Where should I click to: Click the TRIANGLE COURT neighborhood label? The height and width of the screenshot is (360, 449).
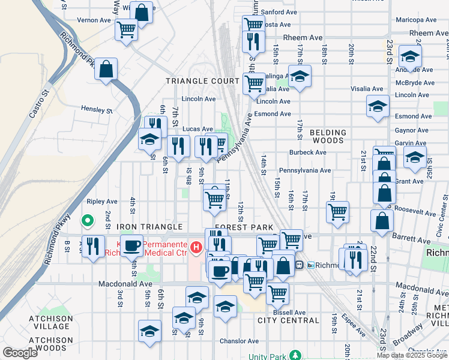(x=202, y=81)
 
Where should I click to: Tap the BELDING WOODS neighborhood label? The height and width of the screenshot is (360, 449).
(x=328, y=136)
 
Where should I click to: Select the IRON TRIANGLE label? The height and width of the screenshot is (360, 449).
(x=149, y=227)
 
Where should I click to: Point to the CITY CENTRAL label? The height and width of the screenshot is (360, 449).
(x=288, y=320)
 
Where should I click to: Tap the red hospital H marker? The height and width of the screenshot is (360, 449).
(x=194, y=247)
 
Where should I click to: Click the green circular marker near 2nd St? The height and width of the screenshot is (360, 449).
(x=88, y=221)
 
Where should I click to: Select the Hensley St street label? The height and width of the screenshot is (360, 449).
(x=97, y=110)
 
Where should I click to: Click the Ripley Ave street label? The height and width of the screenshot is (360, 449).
(x=102, y=202)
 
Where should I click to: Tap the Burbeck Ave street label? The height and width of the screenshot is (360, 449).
(x=307, y=152)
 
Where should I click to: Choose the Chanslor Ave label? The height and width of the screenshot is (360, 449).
(x=239, y=341)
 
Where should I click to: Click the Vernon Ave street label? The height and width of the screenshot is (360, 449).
(x=94, y=20)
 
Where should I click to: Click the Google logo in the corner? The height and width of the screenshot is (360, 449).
(x=20, y=353)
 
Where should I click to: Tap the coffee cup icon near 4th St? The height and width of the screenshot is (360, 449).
(x=131, y=245)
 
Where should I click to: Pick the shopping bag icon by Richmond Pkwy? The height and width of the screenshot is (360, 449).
(x=106, y=69)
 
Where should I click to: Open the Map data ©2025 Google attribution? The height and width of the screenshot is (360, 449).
(x=412, y=355)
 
